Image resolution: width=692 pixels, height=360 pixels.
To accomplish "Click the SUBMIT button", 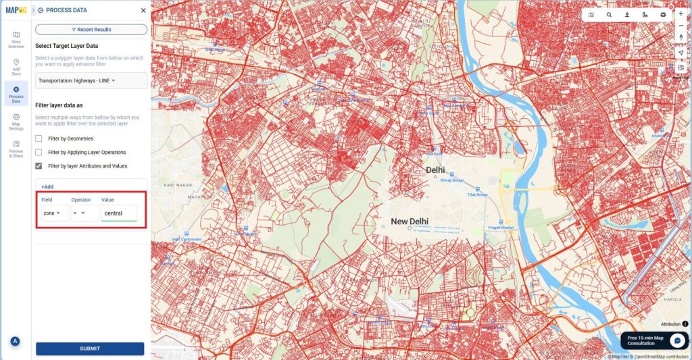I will (90, 349).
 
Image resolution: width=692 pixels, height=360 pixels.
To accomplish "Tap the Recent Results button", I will (91, 30).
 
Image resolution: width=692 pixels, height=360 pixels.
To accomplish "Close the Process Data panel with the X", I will (143, 11).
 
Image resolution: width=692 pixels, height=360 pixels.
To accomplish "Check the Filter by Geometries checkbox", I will (39, 138).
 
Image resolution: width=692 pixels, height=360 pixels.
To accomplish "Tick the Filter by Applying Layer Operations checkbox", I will (39, 152).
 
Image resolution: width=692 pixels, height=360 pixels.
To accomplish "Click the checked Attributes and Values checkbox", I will (39, 165).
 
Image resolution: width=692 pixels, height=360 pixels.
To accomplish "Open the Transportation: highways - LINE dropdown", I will (91, 81).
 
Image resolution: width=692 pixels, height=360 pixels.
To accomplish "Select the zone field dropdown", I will (54, 213).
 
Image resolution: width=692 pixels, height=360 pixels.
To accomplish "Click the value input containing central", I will (119, 213).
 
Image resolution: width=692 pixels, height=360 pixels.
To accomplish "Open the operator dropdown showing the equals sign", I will (84, 213).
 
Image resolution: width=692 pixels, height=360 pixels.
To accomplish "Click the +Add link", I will (47, 186).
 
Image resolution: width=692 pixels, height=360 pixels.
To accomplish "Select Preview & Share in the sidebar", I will (16, 148).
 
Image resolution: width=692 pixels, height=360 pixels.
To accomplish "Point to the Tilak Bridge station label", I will (477, 195).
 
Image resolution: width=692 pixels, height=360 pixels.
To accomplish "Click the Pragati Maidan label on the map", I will (502, 228).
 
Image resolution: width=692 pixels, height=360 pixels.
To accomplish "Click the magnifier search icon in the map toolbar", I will (609, 14).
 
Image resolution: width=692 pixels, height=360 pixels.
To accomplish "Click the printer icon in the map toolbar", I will (663, 14).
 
